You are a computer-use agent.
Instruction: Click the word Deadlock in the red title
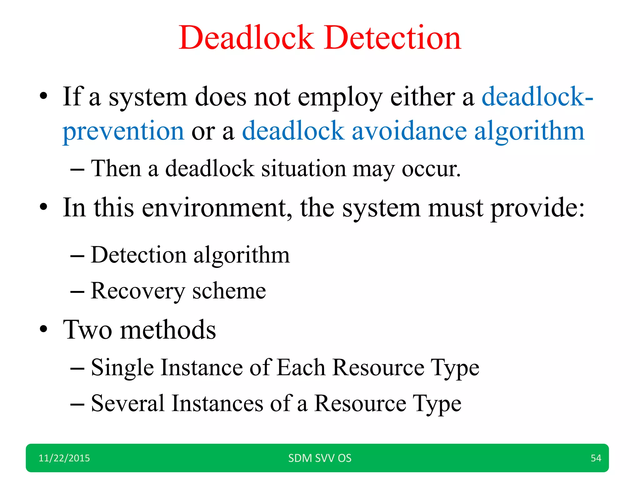click(x=246, y=38)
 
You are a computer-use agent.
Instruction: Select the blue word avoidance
click(x=409, y=131)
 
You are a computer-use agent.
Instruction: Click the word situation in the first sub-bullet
click(x=303, y=169)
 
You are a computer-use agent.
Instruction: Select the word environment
click(x=217, y=208)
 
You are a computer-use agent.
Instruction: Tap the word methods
click(x=168, y=330)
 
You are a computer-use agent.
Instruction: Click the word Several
click(x=127, y=403)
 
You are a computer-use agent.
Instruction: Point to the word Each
click(x=301, y=367)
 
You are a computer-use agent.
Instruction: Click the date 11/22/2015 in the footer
click(x=64, y=458)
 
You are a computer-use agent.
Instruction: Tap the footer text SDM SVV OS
click(x=320, y=458)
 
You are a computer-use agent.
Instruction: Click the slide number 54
click(x=596, y=458)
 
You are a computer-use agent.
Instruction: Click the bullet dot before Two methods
click(x=43, y=329)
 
